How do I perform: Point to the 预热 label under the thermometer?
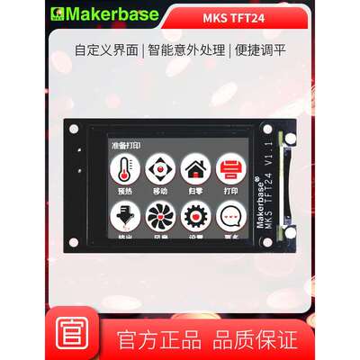[124, 192]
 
